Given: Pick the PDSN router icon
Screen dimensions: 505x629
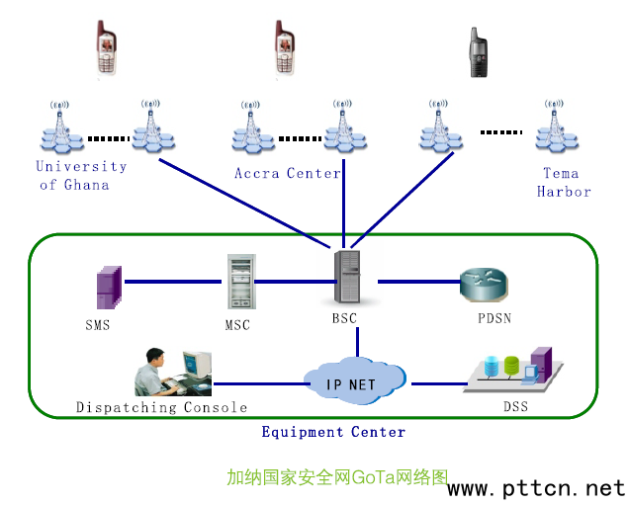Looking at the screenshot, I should [x=485, y=285].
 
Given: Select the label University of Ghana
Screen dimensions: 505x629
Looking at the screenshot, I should [x=82, y=176].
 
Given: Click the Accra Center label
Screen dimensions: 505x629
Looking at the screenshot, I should [x=287, y=173].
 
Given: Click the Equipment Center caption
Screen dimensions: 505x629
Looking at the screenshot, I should [x=333, y=432].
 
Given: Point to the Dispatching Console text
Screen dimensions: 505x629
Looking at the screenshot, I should [x=161, y=407].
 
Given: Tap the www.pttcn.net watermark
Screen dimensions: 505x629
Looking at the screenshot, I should [x=537, y=489].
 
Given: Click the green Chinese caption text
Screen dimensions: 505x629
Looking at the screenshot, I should [x=337, y=477].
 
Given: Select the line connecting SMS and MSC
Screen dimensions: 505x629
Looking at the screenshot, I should [x=174, y=282].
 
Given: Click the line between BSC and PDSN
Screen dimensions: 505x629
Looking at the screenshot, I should [x=415, y=282].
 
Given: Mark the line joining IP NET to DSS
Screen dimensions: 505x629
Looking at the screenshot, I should [x=438, y=382].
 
